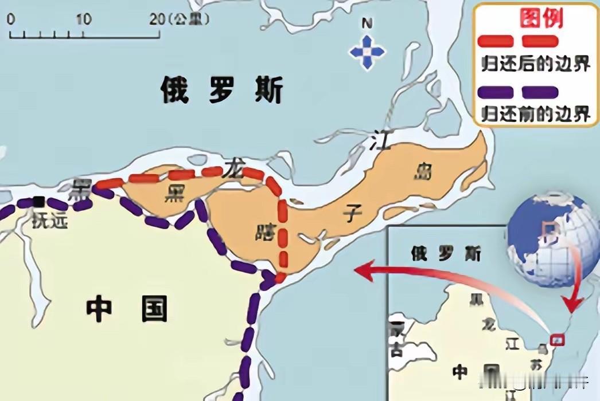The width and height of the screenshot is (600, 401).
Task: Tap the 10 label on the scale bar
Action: pos(84,19)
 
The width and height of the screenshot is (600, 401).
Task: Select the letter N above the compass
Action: pos(367,24)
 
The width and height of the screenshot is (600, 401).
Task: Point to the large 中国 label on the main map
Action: pos(127,310)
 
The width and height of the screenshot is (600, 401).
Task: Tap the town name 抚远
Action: pos(50,220)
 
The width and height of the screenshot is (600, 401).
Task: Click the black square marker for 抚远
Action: pos(39,201)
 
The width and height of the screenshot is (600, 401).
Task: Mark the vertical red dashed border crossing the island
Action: pos(282,235)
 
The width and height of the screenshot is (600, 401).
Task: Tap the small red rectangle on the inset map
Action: pos(556,340)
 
